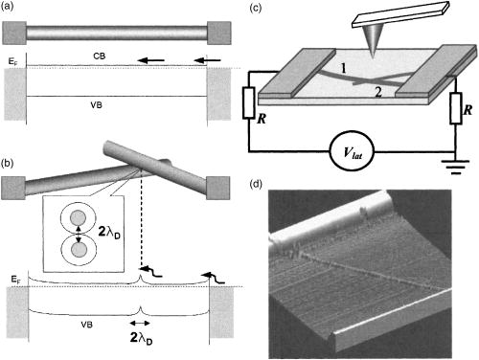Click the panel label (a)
(12, 9)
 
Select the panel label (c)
(256, 9)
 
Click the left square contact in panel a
(15, 32)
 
